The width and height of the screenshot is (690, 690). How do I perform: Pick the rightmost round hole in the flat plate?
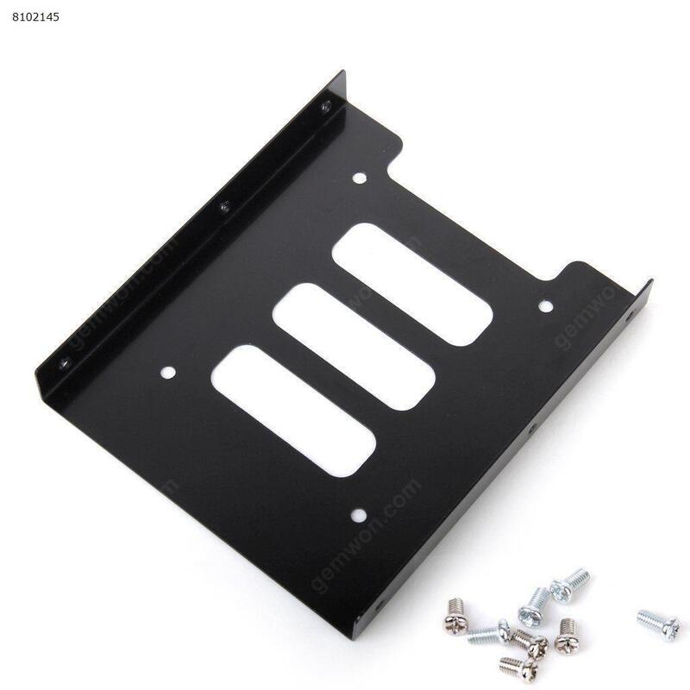tap(544, 305)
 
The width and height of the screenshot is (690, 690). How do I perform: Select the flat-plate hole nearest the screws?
tap(357, 516)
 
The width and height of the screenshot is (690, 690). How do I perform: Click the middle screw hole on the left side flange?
tap(223, 206)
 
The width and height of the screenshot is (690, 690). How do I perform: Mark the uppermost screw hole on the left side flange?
tap(325, 106)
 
